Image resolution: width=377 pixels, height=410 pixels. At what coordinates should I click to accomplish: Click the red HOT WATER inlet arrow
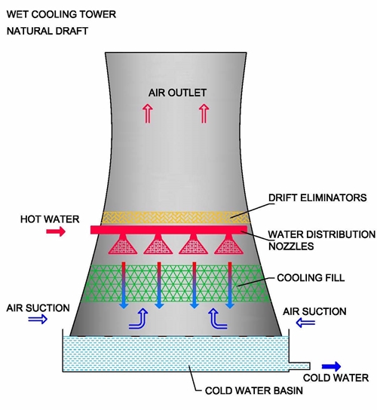coord(56,231)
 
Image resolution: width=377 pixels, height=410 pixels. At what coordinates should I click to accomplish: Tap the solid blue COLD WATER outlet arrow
coord(331,366)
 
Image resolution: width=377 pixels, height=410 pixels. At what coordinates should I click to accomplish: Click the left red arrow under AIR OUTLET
coord(148,113)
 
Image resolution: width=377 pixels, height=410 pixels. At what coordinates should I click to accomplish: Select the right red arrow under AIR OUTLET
coord(204,113)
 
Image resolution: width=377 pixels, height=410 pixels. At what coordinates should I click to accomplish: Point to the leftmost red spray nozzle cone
coord(123,244)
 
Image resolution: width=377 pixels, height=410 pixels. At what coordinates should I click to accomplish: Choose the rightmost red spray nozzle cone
coord(229,244)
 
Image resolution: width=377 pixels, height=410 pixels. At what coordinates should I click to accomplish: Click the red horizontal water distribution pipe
coord(169,230)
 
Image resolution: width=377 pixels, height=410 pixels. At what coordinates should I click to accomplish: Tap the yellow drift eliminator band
coord(176,217)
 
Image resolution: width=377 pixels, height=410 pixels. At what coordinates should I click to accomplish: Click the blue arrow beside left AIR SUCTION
coord(38,319)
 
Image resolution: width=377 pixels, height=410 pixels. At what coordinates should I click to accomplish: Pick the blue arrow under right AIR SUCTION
coord(305,323)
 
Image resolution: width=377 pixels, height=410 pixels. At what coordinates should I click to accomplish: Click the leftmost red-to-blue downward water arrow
coord(124,286)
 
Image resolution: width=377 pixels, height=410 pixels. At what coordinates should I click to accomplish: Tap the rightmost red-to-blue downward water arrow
coord(230,286)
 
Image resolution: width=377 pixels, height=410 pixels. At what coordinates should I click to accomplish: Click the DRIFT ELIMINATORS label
coord(317,197)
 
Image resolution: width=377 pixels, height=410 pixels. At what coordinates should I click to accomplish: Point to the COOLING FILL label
coord(311,277)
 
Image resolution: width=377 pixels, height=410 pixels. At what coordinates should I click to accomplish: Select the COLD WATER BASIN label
coord(254,390)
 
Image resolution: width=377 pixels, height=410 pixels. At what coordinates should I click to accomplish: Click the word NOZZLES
coord(291,246)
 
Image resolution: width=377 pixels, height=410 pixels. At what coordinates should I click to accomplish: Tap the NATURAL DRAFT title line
coord(48,31)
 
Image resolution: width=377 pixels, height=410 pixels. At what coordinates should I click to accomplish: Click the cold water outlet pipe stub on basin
coord(299,366)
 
